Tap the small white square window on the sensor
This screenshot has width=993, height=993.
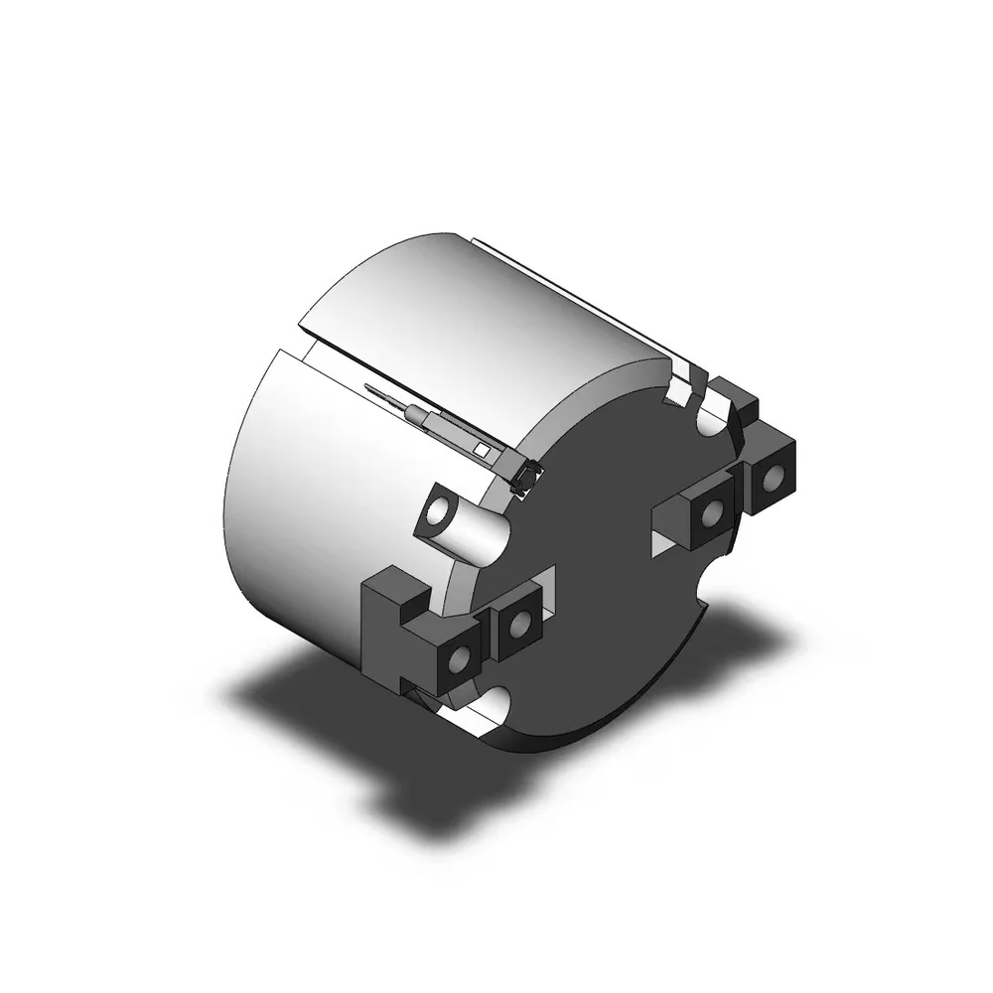(481, 450)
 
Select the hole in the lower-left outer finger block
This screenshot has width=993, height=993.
(461, 659)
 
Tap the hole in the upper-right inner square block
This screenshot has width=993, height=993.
(711, 512)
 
